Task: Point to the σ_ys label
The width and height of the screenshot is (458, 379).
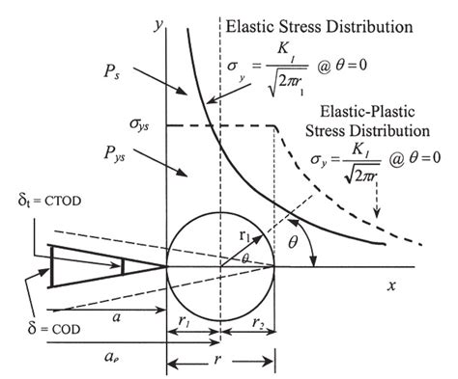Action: [127, 126]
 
